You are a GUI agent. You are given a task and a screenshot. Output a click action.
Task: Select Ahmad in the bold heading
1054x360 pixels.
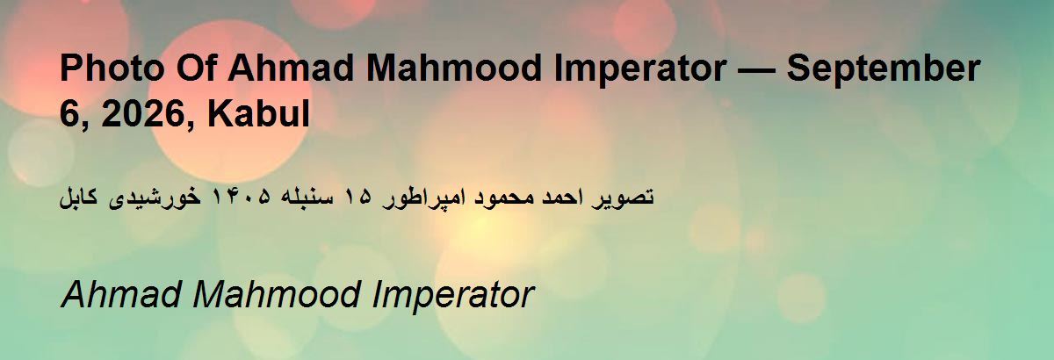tap(291, 68)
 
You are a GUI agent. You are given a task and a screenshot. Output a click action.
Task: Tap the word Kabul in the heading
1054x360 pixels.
tap(258, 113)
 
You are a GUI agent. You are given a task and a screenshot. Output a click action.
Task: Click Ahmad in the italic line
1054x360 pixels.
tap(121, 295)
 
